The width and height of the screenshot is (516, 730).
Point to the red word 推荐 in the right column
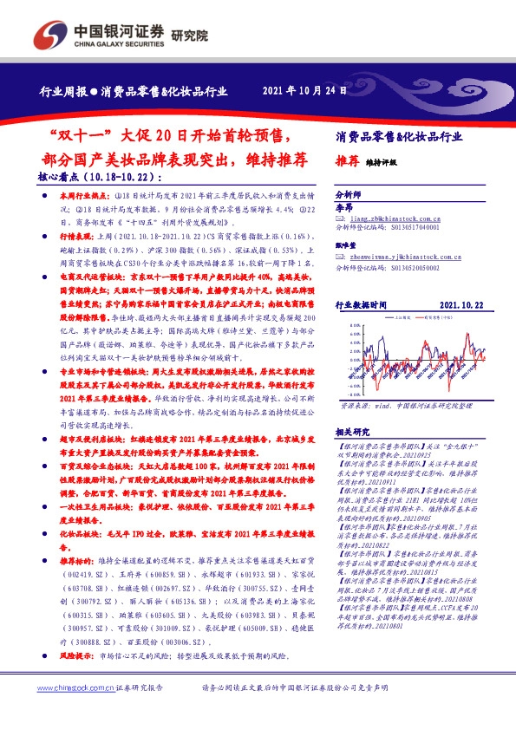click(346, 160)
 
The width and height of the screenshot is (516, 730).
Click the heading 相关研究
click(352, 430)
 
